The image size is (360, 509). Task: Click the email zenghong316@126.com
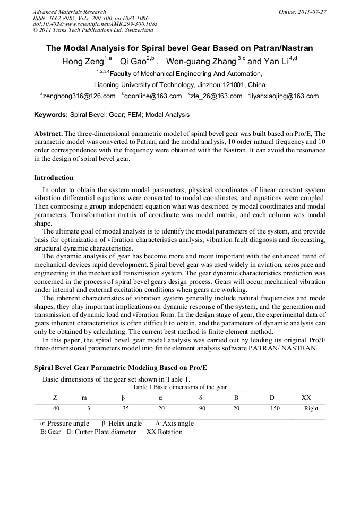[x=79, y=96]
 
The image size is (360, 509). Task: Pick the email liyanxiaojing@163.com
[x=285, y=96]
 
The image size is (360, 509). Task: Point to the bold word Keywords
[x=51, y=115]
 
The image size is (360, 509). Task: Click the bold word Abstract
[x=48, y=134]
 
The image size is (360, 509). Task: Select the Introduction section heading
[x=54, y=178]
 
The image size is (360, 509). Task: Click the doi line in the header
[x=95, y=24]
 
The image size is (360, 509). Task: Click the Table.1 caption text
[x=179, y=387]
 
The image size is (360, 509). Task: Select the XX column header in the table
[x=306, y=398]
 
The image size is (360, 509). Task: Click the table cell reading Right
[x=311, y=409]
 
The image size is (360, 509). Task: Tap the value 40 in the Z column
[x=56, y=409]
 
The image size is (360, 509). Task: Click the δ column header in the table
[x=201, y=398]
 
